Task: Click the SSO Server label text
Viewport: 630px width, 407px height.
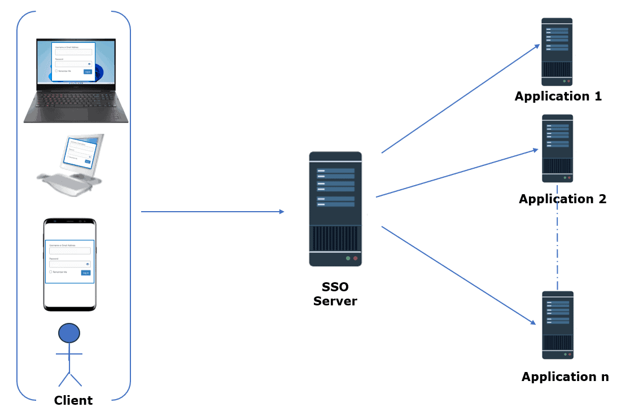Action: tap(335, 294)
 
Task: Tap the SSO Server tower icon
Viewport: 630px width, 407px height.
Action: tap(335, 209)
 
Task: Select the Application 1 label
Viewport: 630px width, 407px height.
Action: tap(558, 96)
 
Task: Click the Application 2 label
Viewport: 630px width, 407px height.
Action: tap(562, 199)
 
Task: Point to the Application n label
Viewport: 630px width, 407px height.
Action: tap(565, 377)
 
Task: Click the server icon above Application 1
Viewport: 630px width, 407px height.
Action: tap(557, 51)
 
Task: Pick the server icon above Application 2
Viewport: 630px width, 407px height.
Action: tap(558, 148)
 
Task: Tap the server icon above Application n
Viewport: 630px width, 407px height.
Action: tap(558, 325)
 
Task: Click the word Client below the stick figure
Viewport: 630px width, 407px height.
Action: tap(73, 400)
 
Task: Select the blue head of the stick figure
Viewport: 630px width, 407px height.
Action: tap(69, 332)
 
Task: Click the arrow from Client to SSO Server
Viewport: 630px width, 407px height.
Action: tap(212, 212)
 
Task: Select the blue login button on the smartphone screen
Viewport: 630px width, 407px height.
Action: tap(85, 272)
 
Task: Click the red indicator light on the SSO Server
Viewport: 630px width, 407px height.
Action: tap(355, 258)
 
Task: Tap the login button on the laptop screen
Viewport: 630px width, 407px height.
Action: tap(88, 72)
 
